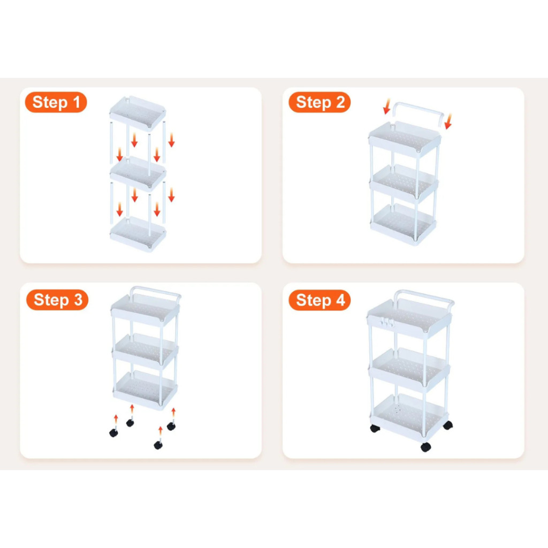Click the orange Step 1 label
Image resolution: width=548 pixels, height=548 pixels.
click(x=56, y=102)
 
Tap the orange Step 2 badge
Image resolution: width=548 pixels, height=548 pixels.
click(x=319, y=102)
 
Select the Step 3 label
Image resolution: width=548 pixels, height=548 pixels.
click(x=57, y=300)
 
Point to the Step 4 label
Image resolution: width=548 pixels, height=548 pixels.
click(x=319, y=300)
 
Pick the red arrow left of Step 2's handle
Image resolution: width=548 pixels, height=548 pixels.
click(x=386, y=106)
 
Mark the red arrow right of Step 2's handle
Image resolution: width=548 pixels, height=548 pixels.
click(x=448, y=121)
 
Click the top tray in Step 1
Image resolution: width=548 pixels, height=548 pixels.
click(x=138, y=112)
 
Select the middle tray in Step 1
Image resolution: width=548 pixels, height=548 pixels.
click(x=138, y=174)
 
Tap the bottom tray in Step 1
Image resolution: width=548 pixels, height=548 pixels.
click(x=138, y=233)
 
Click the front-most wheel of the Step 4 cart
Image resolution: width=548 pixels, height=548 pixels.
click(x=425, y=447)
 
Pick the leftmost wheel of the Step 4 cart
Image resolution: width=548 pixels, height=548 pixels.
click(x=375, y=429)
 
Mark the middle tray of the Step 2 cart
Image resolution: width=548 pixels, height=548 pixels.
click(x=404, y=184)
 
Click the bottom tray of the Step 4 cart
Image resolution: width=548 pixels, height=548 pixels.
click(x=409, y=417)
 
